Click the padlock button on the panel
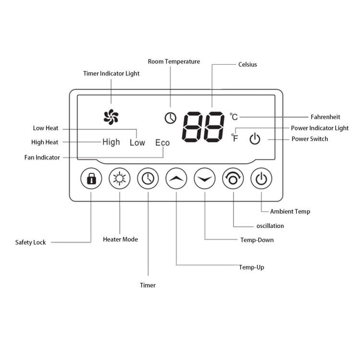pos(91,180)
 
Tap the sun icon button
pos(119,180)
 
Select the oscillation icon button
pos(233,180)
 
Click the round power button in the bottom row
pos(262,180)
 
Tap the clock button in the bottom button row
pos(148,180)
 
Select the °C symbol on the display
pos(234,117)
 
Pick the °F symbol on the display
pos(235,138)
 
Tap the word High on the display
pos(111,142)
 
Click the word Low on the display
pos(137,143)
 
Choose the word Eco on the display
pos(162,143)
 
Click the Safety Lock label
pos(30,242)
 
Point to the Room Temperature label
pos(174,61)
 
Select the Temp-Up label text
pos(252,267)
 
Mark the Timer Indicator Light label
pos(111,73)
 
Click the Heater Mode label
pos(120,239)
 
